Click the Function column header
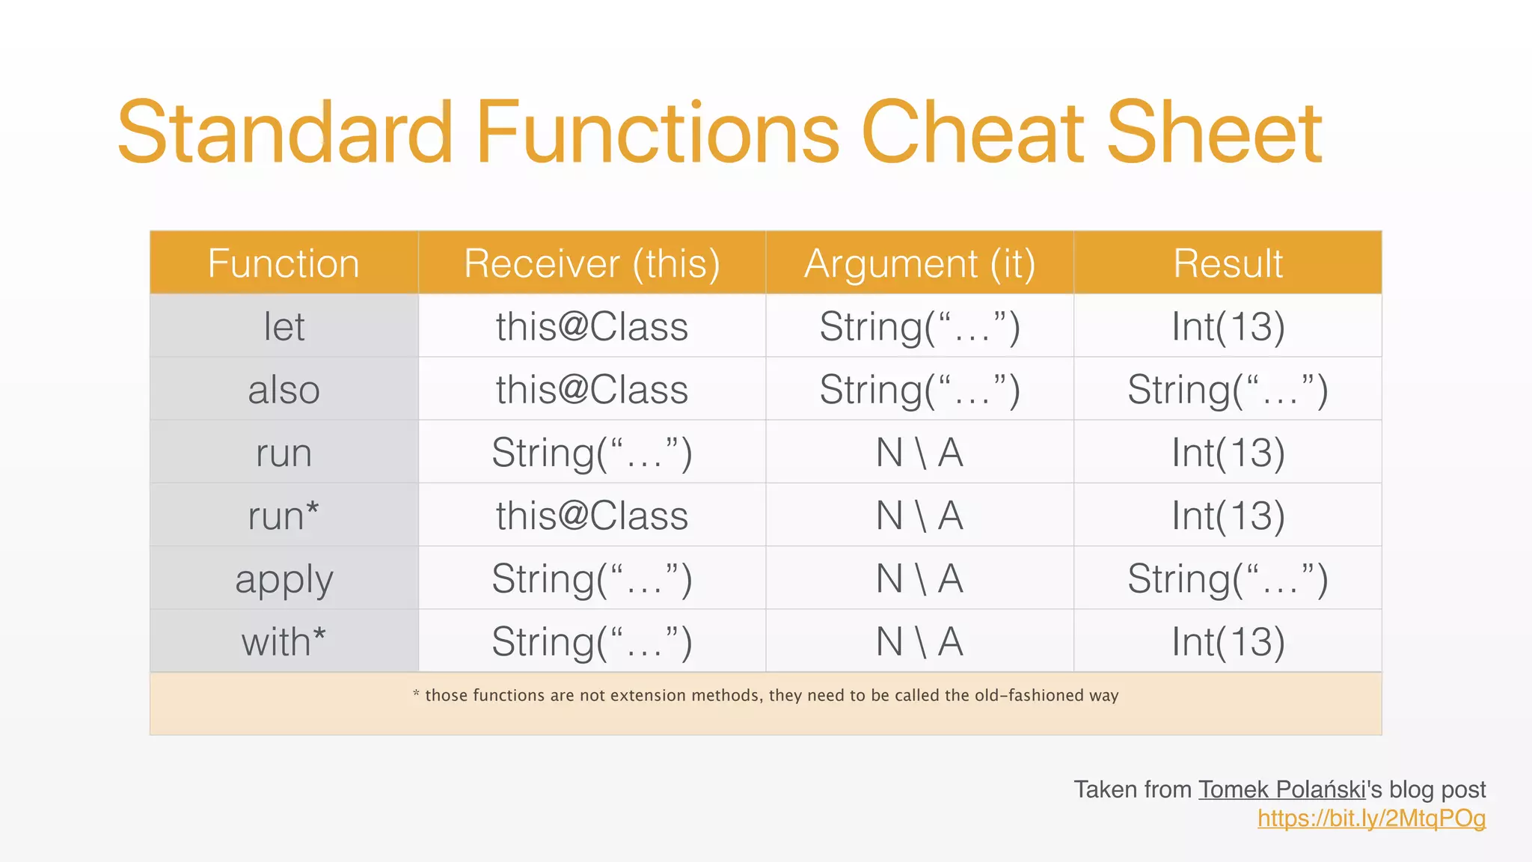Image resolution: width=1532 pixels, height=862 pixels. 284,263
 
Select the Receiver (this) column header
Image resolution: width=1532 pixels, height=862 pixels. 592,263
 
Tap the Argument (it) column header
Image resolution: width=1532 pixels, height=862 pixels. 919,263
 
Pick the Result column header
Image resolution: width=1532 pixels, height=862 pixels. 1228,263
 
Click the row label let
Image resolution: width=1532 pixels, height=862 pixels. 284,327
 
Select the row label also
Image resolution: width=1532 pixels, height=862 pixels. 284,390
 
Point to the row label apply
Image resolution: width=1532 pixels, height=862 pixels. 284,579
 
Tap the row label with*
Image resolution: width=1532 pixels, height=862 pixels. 284,642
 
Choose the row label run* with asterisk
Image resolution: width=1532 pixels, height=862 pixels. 284,516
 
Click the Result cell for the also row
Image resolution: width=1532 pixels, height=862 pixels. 1228,390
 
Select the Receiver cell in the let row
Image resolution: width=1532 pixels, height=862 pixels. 592,327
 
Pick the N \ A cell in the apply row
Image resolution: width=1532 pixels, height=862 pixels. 919,579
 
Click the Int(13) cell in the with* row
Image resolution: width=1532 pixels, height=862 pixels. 1228,642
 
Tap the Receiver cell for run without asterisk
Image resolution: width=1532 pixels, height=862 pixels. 592,453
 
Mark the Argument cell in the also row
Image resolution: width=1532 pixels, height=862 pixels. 919,390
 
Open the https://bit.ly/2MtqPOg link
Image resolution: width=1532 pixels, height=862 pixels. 1371,818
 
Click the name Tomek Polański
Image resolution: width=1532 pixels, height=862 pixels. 1282,789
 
